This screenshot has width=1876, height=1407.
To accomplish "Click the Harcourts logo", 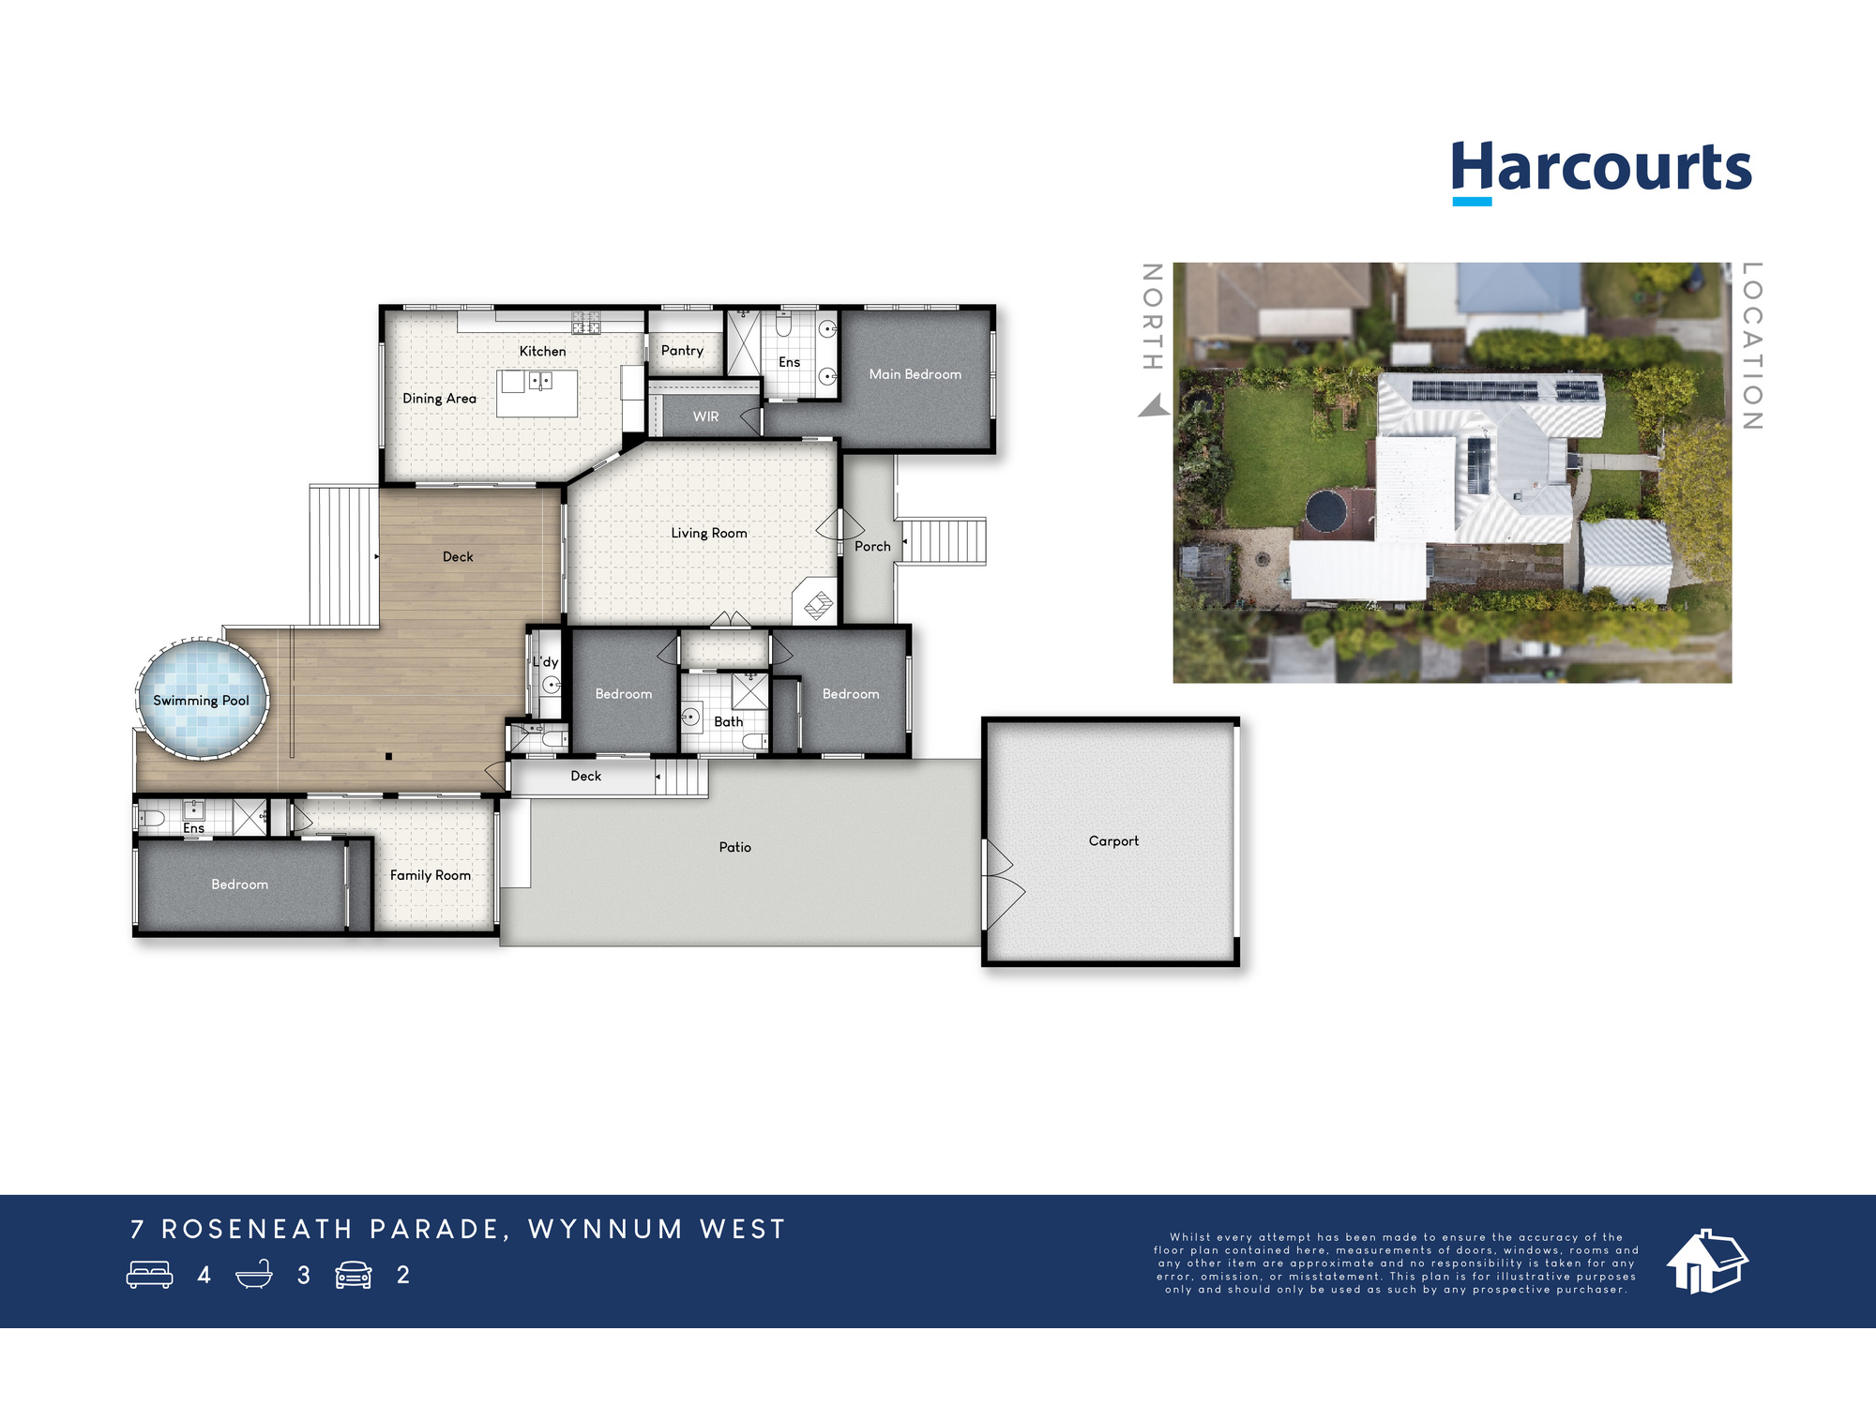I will [x=1600, y=170].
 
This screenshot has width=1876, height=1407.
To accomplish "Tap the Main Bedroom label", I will [x=915, y=374].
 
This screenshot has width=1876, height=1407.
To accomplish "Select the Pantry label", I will [x=682, y=351].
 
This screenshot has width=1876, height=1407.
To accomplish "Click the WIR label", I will [x=705, y=416].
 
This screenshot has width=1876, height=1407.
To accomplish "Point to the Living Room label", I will [x=709, y=533].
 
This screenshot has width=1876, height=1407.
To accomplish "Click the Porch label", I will [x=872, y=546].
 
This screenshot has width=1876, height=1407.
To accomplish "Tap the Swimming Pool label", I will [x=201, y=701].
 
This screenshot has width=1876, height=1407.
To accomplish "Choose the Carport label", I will [x=1113, y=841].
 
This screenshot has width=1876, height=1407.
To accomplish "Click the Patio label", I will [x=734, y=847].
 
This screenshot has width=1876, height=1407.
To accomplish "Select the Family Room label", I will [x=431, y=875].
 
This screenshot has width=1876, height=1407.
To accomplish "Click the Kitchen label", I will [x=542, y=351].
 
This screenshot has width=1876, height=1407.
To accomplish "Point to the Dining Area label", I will [x=439, y=399].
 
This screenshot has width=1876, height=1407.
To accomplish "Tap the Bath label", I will [x=728, y=721].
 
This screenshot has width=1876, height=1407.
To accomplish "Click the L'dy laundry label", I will [x=545, y=661].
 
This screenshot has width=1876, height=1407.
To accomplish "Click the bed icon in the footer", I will [x=150, y=1275].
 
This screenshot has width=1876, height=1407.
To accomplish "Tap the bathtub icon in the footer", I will [x=253, y=1275].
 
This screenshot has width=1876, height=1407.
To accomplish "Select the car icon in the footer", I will [x=354, y=1275].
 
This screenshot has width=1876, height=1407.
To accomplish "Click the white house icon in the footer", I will [x=1706, y=1262].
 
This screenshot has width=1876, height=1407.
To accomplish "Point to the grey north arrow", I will [x=1155, y=407].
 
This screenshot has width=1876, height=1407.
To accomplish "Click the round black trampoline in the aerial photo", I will [x=1326, y=511].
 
